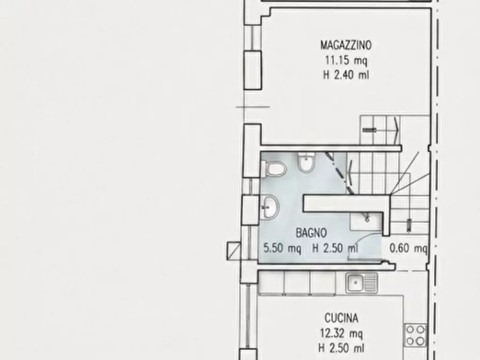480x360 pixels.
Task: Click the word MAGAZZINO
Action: pyautogui.click(x=346, y=45)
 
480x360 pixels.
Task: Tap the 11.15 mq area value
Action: pyautogui.click(x=346, y=60)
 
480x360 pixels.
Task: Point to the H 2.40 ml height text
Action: pyautogui.click(x=346, y=75)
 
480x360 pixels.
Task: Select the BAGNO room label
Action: pyautogui.click(x=311, y=233)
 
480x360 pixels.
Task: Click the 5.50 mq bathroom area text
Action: pyautogui.click(x=282, y=248)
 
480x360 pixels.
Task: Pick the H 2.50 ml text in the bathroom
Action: pyautogui.click(x=335, y=248)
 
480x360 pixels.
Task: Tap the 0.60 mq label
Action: pyautogui.click(x=409, y=248)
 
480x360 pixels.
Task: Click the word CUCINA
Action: pyautogui.click(x=341, y=319)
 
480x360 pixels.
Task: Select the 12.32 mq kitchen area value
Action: pyautogui.click(x=341, y=333)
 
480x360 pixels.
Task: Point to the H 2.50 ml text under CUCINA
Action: pyautogui.click(x=341, y=348)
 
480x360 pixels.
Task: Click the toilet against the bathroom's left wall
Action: pyautogui.click(x=274, y=169)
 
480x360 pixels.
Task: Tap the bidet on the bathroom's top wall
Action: pyautogui.click(x=306, y=163)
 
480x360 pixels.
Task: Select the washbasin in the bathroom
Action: pyautogui.click(x=270, y=207)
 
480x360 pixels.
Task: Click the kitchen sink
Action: pyautogui.click(x=362, y=283)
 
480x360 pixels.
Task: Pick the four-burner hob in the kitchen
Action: pyautogui.click(x=415, y=335)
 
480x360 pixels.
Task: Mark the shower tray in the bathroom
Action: pyautogui.click(x=366, y=221)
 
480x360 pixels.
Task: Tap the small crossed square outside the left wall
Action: pyautogui.click(x=234, y=251)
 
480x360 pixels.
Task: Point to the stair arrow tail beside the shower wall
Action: pyautogui.click(x=409, y=225)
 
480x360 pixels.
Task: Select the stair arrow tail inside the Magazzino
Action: pyautogui.click(x=369, y=130)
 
